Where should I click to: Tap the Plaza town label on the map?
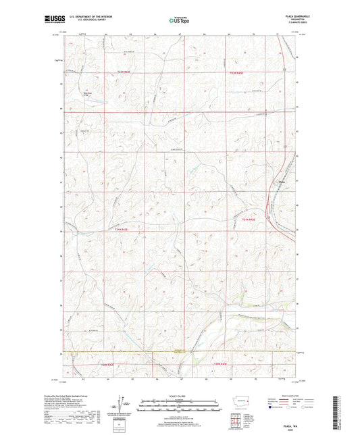tap(281, 180)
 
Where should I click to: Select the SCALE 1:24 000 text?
tap(180, 396)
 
